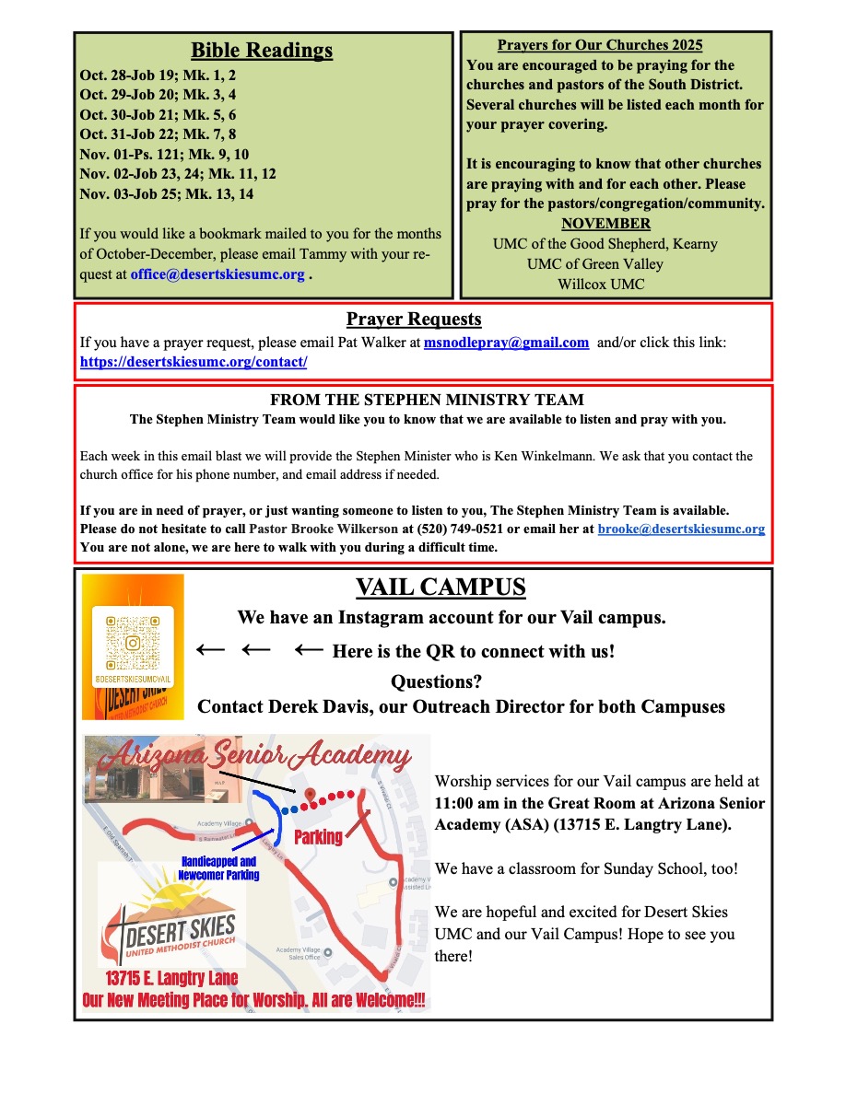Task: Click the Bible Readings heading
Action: [x=262, y=51]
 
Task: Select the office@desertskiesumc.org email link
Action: [x=217, y=274]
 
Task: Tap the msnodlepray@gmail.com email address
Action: [x=506, y=343]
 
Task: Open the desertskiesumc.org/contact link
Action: [x=194, y=362]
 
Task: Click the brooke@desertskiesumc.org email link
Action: [x=681, y=529]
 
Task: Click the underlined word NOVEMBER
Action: [x=605, y=224]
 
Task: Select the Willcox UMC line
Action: [x=601, y=285]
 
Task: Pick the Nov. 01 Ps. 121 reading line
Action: [x=164, y=154]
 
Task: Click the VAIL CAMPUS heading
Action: [x=441, y=588]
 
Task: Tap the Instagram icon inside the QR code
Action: [x=133, y=643]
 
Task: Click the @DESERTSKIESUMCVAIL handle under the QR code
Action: [x=133, y=678]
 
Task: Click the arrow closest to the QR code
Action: [x=210, y=650]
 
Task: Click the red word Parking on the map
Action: [x=318, y=837]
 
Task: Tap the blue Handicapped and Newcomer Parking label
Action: [x=218, y=868]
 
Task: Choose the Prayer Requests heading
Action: [x=414, y=320]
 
